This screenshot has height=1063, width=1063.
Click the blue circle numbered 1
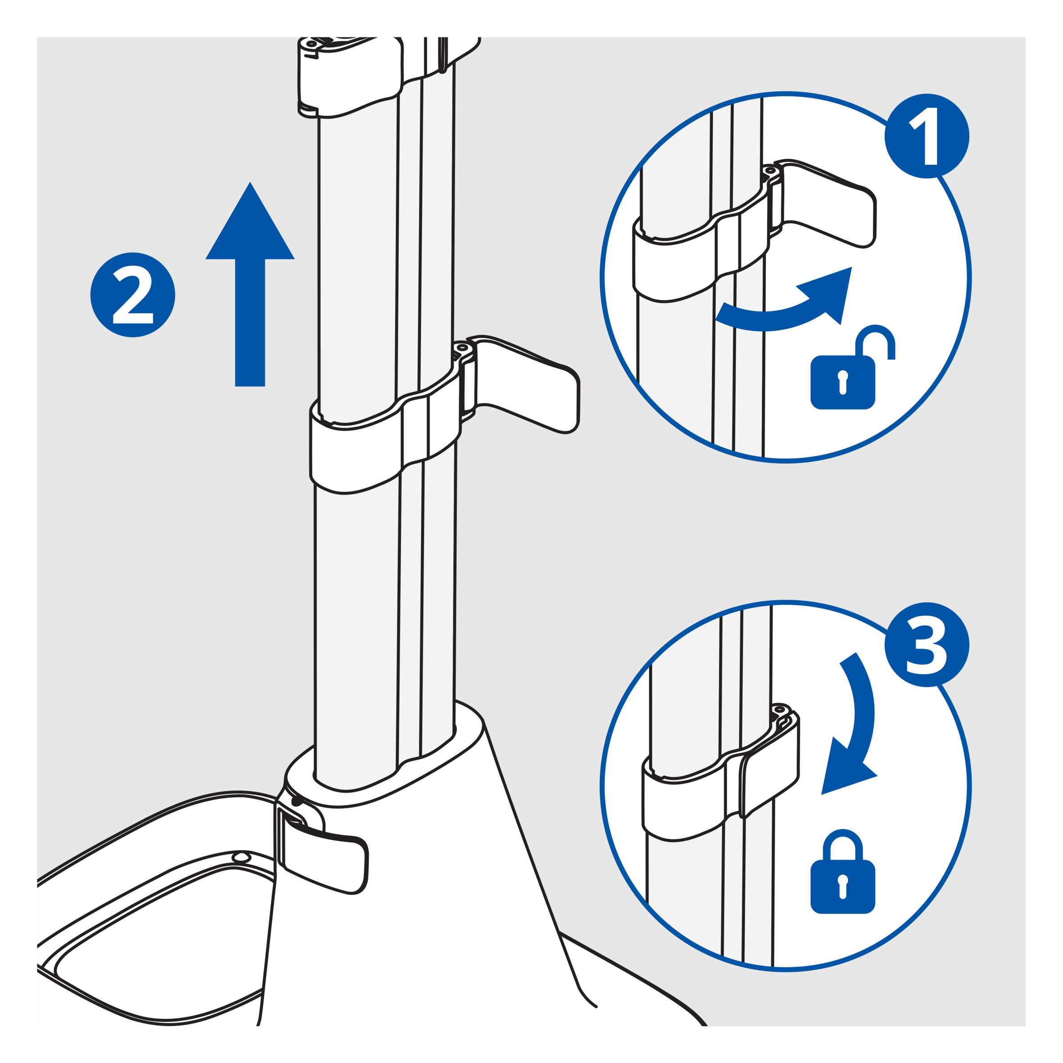click(x=927, y=136)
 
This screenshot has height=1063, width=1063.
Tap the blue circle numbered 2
click(x=133, y=294)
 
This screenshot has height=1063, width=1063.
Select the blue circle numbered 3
click(x=927, y=644)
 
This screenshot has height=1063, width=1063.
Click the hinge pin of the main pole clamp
click(x=462, y=348)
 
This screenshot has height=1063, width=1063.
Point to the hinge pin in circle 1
click(x=770, y=171)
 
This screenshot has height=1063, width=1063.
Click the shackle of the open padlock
click(x=875, y=341)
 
